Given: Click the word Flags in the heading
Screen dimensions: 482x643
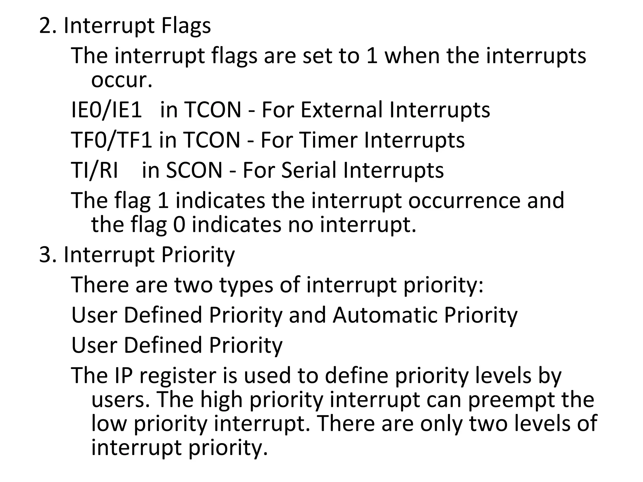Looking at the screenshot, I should [x=186, y=26].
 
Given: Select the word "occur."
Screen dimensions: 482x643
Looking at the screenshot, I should [x=122, y=80].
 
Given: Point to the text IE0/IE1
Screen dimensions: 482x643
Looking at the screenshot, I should [x=107, y=110].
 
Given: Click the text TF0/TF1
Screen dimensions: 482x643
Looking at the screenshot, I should [x=112, y=140].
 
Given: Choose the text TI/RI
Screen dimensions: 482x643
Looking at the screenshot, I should [x=95, y=170].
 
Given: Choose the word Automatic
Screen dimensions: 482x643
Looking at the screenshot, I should [x=385, y=315].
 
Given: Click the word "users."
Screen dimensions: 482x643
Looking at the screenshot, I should [x=121, y=400].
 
